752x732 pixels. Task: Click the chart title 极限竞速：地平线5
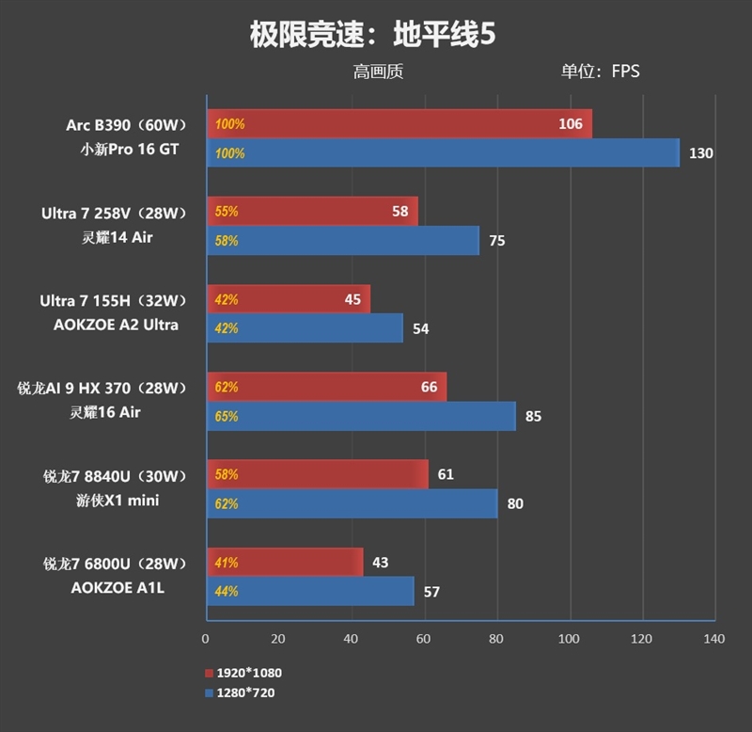coord(372,35)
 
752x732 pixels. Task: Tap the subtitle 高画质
coord(378,72)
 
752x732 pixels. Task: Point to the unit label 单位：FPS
coord(601,72)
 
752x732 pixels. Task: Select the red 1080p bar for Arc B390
coord(399,123)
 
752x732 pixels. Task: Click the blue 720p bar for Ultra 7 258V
coord(342,241)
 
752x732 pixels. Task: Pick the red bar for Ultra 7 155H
coord(288,300)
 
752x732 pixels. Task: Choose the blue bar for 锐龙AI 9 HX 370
coord(360,416)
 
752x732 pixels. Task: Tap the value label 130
coord(701,153)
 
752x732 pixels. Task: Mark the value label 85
coord(533,416)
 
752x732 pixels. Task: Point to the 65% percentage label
coord(227,416)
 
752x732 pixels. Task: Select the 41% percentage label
coord(227,563)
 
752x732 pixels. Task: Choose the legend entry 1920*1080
coord(243,673)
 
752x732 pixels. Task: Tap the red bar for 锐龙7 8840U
coord(317,474)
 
